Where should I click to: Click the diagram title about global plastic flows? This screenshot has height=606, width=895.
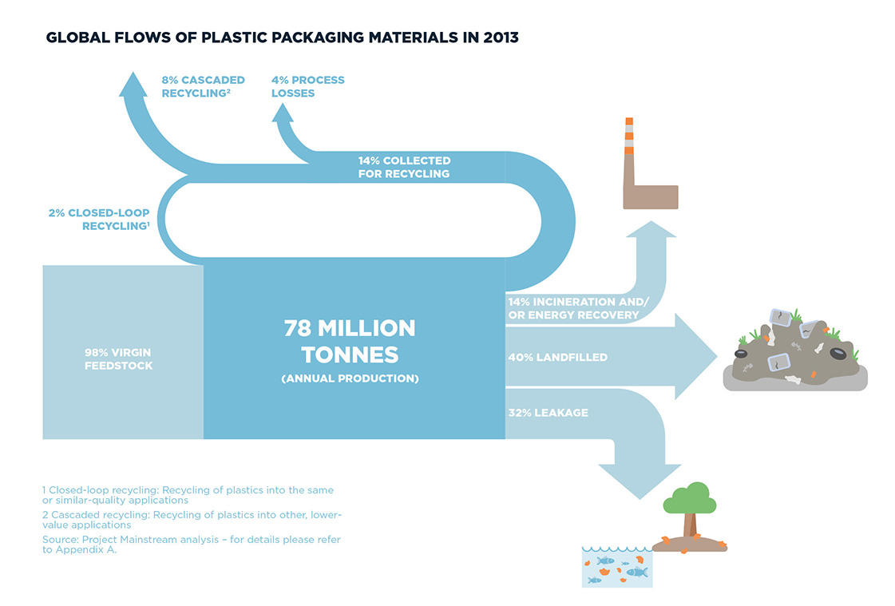pyautogui.click(x=282, y=38)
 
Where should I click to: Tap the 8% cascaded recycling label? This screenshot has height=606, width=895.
pyautogui.click(x=204, y=86)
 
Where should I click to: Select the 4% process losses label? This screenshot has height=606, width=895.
pyautogui.click(x=307, y=86)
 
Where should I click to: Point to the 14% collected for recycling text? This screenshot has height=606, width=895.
pyautogui.click(x=404, y=167)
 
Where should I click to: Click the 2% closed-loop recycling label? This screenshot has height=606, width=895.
pyautogui.click(x=99, y=219)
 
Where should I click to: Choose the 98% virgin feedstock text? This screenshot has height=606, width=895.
pyautogui.click(x=118, y=359)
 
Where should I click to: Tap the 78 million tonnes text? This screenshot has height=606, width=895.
pyautogui.click(x=350, y=341)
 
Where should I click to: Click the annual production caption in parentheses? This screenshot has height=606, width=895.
pyautogui.click(x=350, y=378)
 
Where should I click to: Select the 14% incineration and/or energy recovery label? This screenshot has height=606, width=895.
pyautogui.click(x=578, y=308)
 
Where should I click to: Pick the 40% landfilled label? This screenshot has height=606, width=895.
pyautogui.click(x=557, y=357)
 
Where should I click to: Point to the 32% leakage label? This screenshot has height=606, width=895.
pyautogui.click(x=548, y=413)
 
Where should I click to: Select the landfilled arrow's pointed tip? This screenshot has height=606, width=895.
pyautogui.click(x=717, y=356)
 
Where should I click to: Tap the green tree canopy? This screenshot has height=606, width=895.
pyautogui.click(x=690, y=499)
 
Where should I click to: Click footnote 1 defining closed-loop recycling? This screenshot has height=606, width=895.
pyautogui.click(x=188, y=495)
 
